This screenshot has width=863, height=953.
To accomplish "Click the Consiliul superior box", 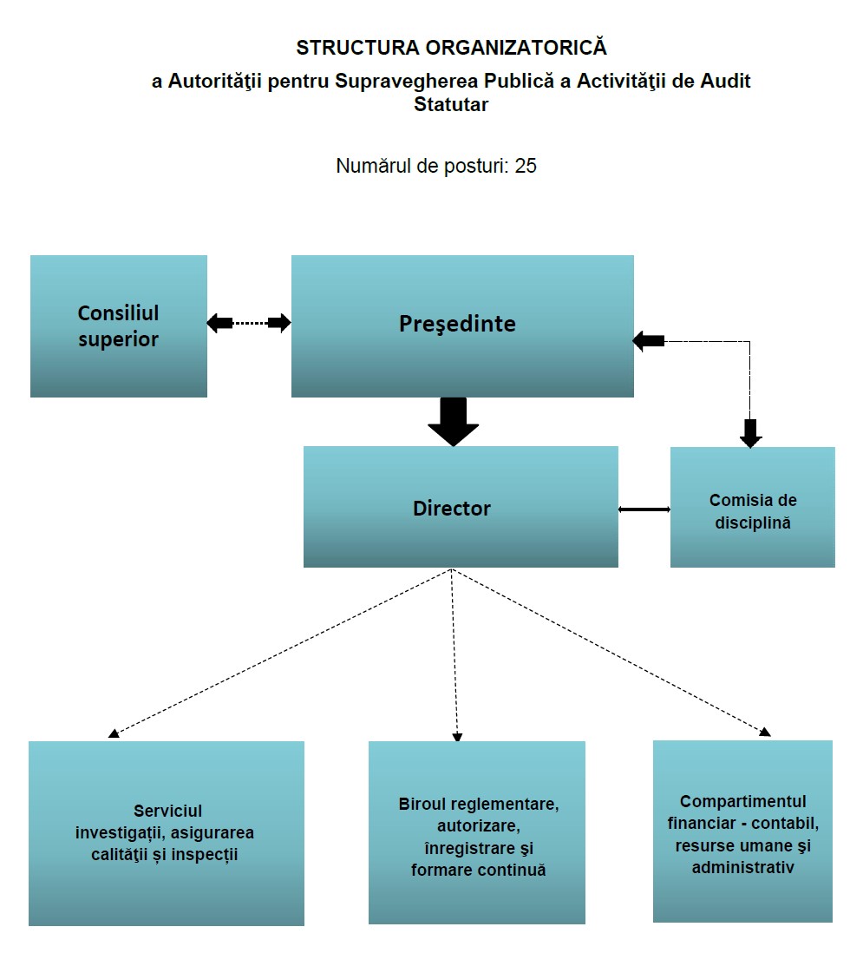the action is (119, 326).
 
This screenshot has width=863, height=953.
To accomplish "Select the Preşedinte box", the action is (462, 326).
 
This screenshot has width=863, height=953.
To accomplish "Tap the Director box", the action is (461, 507).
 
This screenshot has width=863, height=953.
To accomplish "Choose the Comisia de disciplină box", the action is (753, 508).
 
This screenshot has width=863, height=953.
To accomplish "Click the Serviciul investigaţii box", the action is (167, 833).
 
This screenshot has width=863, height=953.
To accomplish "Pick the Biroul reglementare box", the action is (477, 832).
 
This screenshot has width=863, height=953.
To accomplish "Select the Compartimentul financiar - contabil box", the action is (742, 831).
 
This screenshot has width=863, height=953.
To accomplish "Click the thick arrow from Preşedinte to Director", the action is (453, 422).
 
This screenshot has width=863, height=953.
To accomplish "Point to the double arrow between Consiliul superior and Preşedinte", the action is (249, 323).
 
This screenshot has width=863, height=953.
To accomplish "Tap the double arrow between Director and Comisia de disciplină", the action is (644, 509).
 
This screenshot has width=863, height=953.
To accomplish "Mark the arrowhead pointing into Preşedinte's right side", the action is (648, 341).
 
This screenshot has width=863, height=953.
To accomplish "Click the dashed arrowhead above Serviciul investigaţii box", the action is (114, 733).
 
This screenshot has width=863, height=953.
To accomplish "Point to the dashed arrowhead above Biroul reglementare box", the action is (457, 737).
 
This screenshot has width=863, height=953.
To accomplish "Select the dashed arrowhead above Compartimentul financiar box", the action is (765, 732).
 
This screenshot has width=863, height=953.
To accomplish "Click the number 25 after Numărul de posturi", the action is (526, 166).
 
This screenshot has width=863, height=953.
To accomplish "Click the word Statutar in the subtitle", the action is (451, 104).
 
